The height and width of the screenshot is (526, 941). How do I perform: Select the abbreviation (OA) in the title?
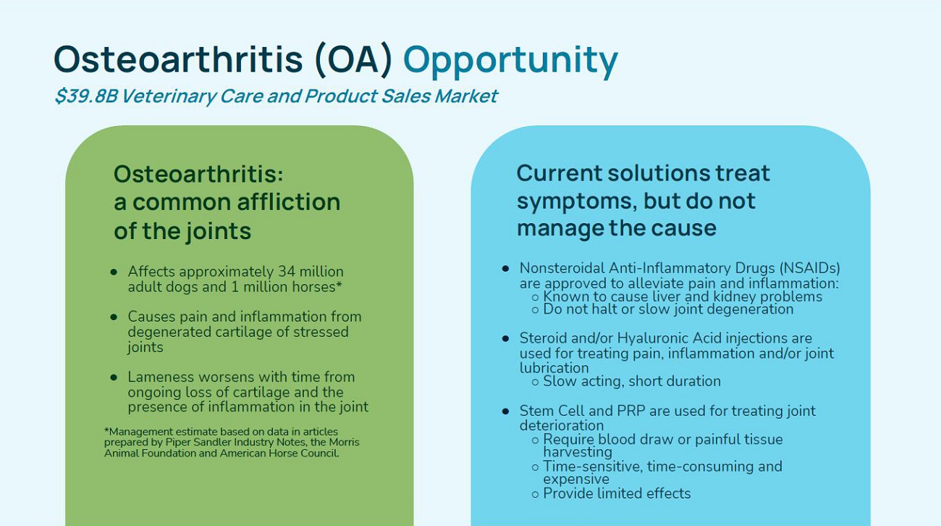point(353,60)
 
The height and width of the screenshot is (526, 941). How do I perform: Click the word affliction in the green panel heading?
point(289,202)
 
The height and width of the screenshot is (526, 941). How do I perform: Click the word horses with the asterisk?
point(318,287)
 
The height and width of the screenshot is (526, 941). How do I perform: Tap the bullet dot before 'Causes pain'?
point(114,317)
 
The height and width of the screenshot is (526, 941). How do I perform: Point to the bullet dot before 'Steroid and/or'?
point(505,338)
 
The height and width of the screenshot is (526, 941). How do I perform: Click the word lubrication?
point(554,368)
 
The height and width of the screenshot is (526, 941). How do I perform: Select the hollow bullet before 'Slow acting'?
point(535,383)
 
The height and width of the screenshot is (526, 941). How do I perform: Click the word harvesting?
point(578,452)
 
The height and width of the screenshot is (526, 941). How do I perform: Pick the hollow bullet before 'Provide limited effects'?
point(535,494)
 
